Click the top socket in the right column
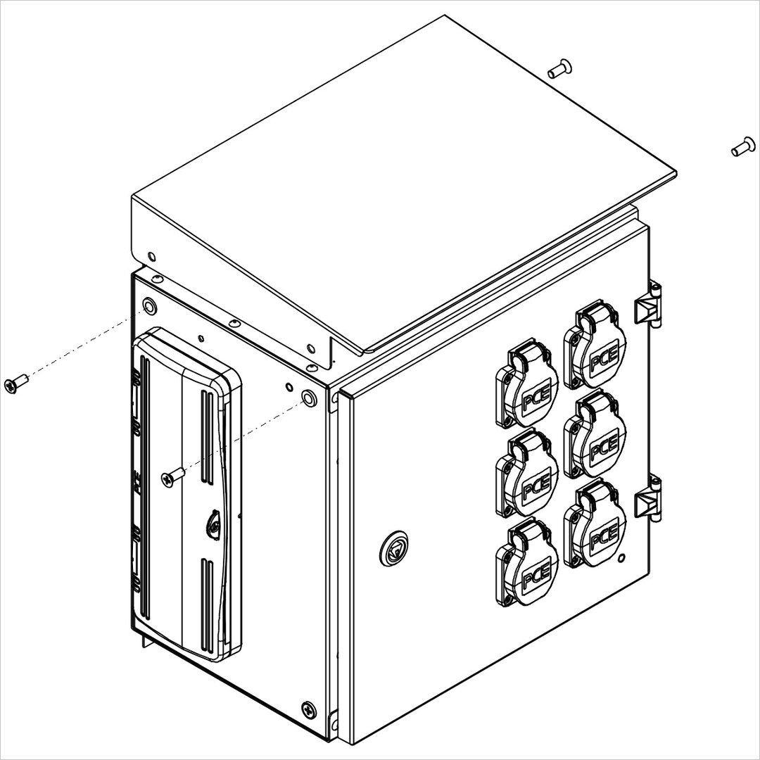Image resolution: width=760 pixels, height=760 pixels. click(595, 345)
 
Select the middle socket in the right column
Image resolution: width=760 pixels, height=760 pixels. click(595, 434)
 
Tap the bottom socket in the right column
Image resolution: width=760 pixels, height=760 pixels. click(595, 524)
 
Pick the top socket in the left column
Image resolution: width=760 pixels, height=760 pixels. click(527, 384)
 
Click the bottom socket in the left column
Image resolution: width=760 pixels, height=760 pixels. click(527, 562)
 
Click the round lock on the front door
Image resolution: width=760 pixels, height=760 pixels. click(393, 549)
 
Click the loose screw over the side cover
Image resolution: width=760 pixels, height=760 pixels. click(172, 476)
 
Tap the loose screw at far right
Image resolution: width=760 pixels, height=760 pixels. click(742, 147)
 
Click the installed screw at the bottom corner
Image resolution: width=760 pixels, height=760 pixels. click(308, 709)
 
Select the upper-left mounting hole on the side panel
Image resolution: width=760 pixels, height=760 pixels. click(149, 306)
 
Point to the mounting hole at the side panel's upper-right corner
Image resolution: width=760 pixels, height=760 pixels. click(308, 397)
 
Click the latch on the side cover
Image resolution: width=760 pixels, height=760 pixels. click(214, 522)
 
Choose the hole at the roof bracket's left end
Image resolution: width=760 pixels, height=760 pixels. click(151, 256)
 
